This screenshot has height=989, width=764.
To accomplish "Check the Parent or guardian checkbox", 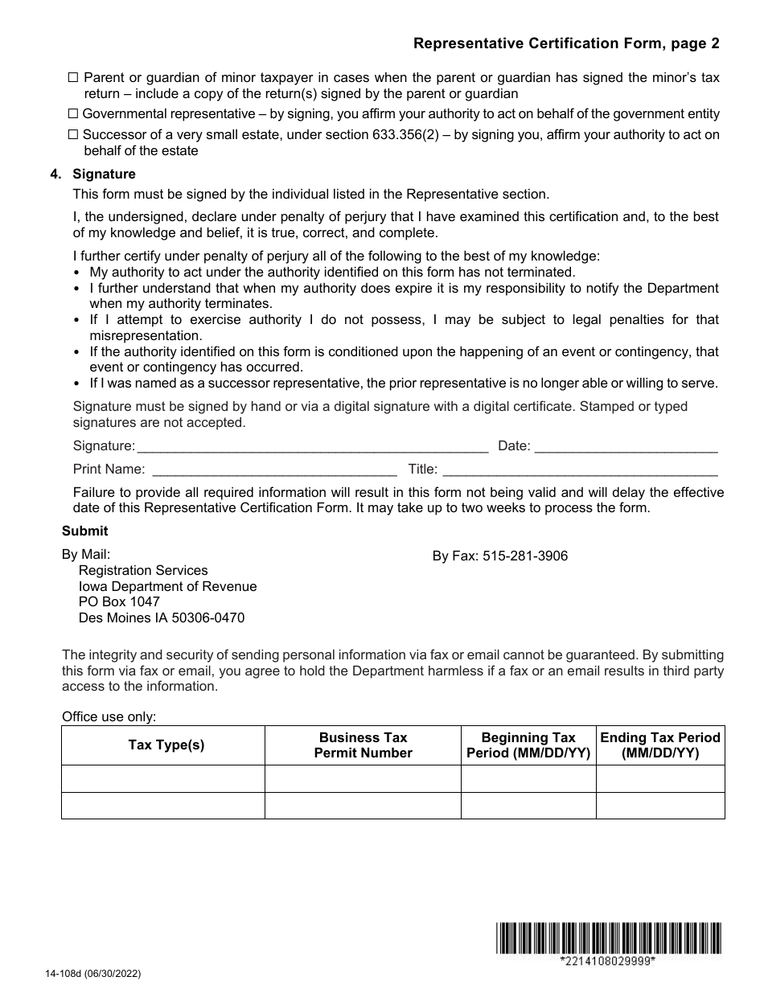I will pyautogui.click(x=73, y=78).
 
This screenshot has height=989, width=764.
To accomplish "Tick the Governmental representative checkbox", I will pyautogui.click(x=73, y=114).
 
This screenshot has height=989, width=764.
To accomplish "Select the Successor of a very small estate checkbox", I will pyautogui.click(x=73, y=135).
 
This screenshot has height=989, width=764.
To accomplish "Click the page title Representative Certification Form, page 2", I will pyautogui.click(x=566, y=43).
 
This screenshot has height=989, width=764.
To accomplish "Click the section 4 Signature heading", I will pyautogui.click(x=104, y=174).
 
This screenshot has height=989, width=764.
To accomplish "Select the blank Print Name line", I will pyautogui.click(x=273, y=470).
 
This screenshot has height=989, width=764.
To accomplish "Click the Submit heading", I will pyautogui.click(x=84, y=531).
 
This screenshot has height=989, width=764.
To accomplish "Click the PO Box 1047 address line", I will pyautogui.click(x=119, y=601).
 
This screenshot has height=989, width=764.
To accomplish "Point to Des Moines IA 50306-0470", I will pyautogui.click(x=161, y=618).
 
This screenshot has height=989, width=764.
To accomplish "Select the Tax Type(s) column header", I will pyautogui.click(x=166, y=745).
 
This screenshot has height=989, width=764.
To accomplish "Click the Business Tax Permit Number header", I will pyautogui.click(x=363, y=745).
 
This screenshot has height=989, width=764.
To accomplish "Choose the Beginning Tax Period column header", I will pyautogui.click(x=528, y=745).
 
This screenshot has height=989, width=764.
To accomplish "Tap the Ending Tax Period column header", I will pyautogui.click(x=660, y=745).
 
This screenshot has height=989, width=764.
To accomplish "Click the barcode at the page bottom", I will pyautogui.click(x=608, y=938).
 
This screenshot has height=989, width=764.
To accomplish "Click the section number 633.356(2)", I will pyautogui.click(x=414, y=135).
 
